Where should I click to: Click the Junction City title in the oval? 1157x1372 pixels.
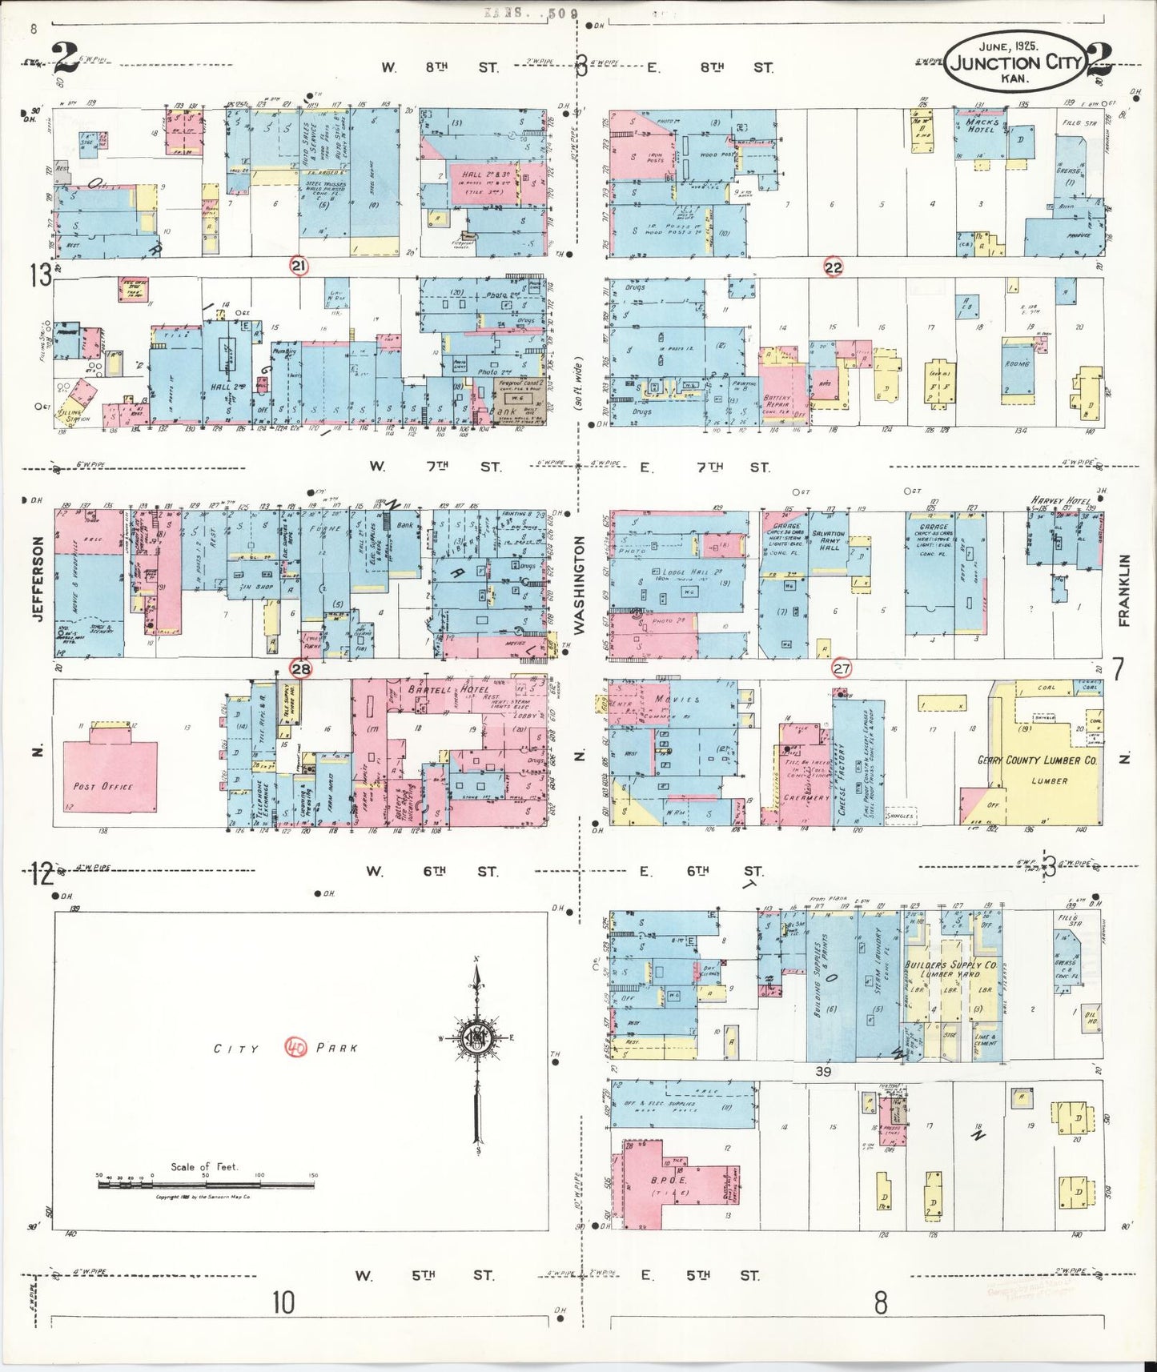[x=1015, y=62]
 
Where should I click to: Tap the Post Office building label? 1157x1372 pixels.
[x=102, y=786]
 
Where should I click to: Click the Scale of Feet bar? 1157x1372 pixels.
[x=206, y=1183]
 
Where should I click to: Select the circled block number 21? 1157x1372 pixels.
[x=299, y=266]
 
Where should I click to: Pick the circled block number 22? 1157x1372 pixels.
[x=834, y=267]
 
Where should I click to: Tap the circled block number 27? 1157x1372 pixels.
[x=842, y=668]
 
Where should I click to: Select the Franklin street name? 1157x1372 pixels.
[x=1123, y=589]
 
